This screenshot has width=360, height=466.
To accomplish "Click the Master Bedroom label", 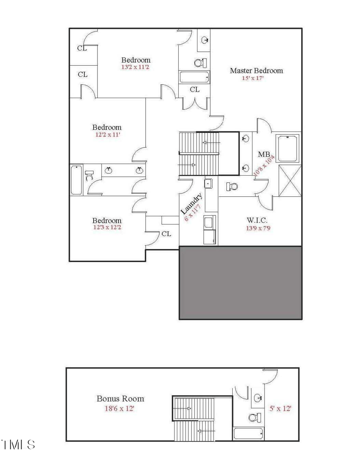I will coord(256,71).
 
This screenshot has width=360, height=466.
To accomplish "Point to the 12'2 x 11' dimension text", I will coord(107,134).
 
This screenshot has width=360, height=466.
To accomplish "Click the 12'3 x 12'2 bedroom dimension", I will coord(107,227).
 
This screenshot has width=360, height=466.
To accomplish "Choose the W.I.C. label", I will coord(257,221).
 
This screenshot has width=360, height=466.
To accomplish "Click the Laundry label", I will coord(191,203).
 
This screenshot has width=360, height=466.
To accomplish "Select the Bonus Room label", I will coord(120,398).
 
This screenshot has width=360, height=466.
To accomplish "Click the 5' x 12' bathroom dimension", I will coord(280,408).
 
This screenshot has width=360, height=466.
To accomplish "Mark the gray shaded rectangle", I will coord(240,282).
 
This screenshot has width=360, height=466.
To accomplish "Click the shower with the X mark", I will coord(289,181).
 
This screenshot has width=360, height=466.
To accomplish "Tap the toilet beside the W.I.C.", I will coord(232,186).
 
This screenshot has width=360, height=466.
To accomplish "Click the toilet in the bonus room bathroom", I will coord(254,417).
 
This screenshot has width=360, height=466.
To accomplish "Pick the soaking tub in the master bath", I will coord(288,148).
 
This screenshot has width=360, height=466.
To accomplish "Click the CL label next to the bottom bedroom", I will coord(166,234).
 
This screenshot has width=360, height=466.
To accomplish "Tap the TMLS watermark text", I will coord(18,445).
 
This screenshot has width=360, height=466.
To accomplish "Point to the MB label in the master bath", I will coord(264,154).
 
